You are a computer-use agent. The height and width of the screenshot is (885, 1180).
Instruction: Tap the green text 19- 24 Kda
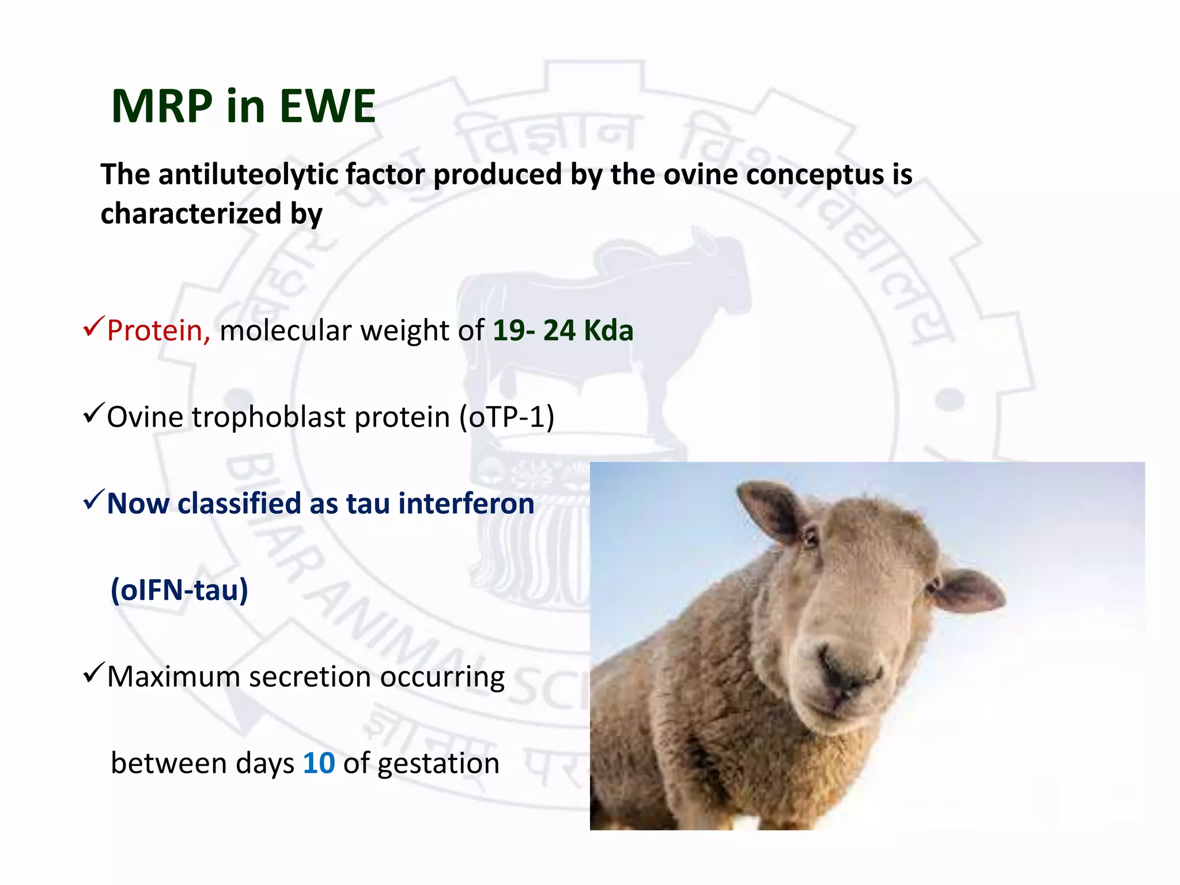[563, 331]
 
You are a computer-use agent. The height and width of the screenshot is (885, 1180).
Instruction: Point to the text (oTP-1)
[506, 417]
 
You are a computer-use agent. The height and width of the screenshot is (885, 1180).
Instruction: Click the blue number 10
[319, 763]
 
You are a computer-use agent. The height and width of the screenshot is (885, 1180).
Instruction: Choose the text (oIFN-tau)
[179, 589]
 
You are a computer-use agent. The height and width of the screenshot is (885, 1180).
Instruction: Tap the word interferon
[466, 503]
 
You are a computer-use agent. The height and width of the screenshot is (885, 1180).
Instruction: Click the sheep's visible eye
[811, 539]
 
